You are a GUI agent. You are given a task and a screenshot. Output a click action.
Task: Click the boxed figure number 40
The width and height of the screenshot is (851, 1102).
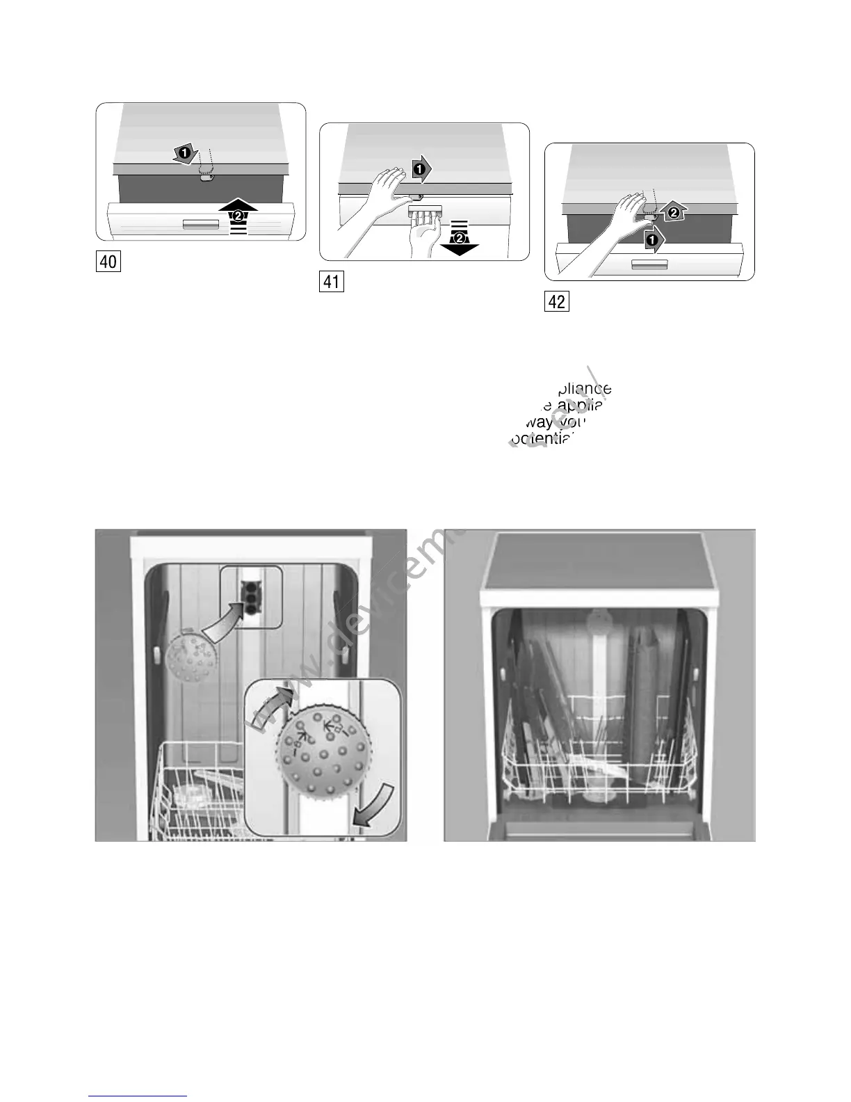tap(108, 262)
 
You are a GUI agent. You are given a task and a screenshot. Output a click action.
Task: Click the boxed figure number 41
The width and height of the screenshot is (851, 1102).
tap(331, 282)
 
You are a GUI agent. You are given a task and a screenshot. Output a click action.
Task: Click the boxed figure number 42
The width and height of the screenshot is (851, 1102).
tap(556, 301)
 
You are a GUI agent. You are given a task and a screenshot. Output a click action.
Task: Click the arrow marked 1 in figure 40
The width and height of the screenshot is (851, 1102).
tap(184, 153)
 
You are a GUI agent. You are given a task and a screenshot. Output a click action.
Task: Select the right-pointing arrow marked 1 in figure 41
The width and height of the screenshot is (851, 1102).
tap(421, 168)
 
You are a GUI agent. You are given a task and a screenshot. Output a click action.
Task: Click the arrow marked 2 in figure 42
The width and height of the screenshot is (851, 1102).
tap(673, 213)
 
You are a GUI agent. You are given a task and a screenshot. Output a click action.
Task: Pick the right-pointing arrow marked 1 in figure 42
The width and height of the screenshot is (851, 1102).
tap(653, 241)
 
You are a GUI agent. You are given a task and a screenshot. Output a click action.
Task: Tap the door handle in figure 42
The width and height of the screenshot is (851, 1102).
tap(649, 265)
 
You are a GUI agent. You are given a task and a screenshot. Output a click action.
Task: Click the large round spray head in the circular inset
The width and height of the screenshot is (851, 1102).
tap(323, 754)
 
